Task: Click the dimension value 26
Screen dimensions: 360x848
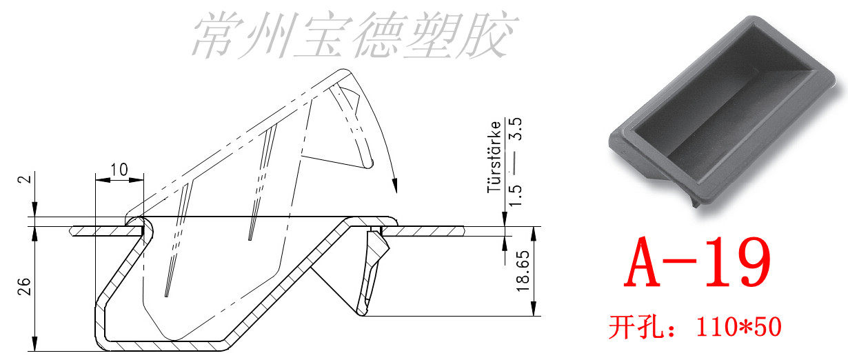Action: pyautogui.click(x=22, y=288)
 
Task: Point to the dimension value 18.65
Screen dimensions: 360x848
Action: pyautogui.click(x=522, y=272)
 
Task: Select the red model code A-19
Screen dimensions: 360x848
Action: pyautogui.click(x=696, y=263)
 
